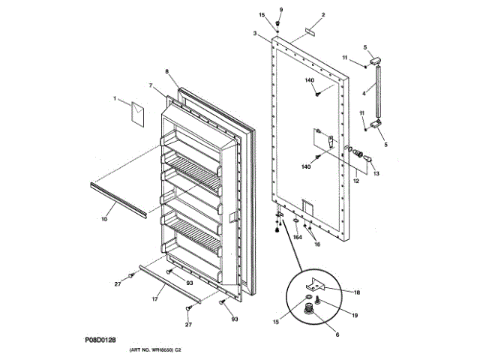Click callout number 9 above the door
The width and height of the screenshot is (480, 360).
[x=281, y=9]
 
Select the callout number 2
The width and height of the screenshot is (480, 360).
[x=323, y=15]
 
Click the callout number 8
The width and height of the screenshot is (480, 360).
[x=166, y=73]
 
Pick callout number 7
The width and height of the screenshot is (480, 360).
[x=150, y=86]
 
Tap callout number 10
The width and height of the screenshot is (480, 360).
[x=103, y=219]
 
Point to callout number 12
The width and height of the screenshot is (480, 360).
[x=355, y=180]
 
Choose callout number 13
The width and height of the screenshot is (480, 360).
[x=376, y=173]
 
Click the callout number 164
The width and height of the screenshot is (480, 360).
[x=297, y=238]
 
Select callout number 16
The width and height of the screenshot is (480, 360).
[x=316, y=244]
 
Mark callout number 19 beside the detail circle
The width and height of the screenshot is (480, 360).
[x=355, y=316]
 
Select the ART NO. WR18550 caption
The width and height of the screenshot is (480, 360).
[x=156, y=350]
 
